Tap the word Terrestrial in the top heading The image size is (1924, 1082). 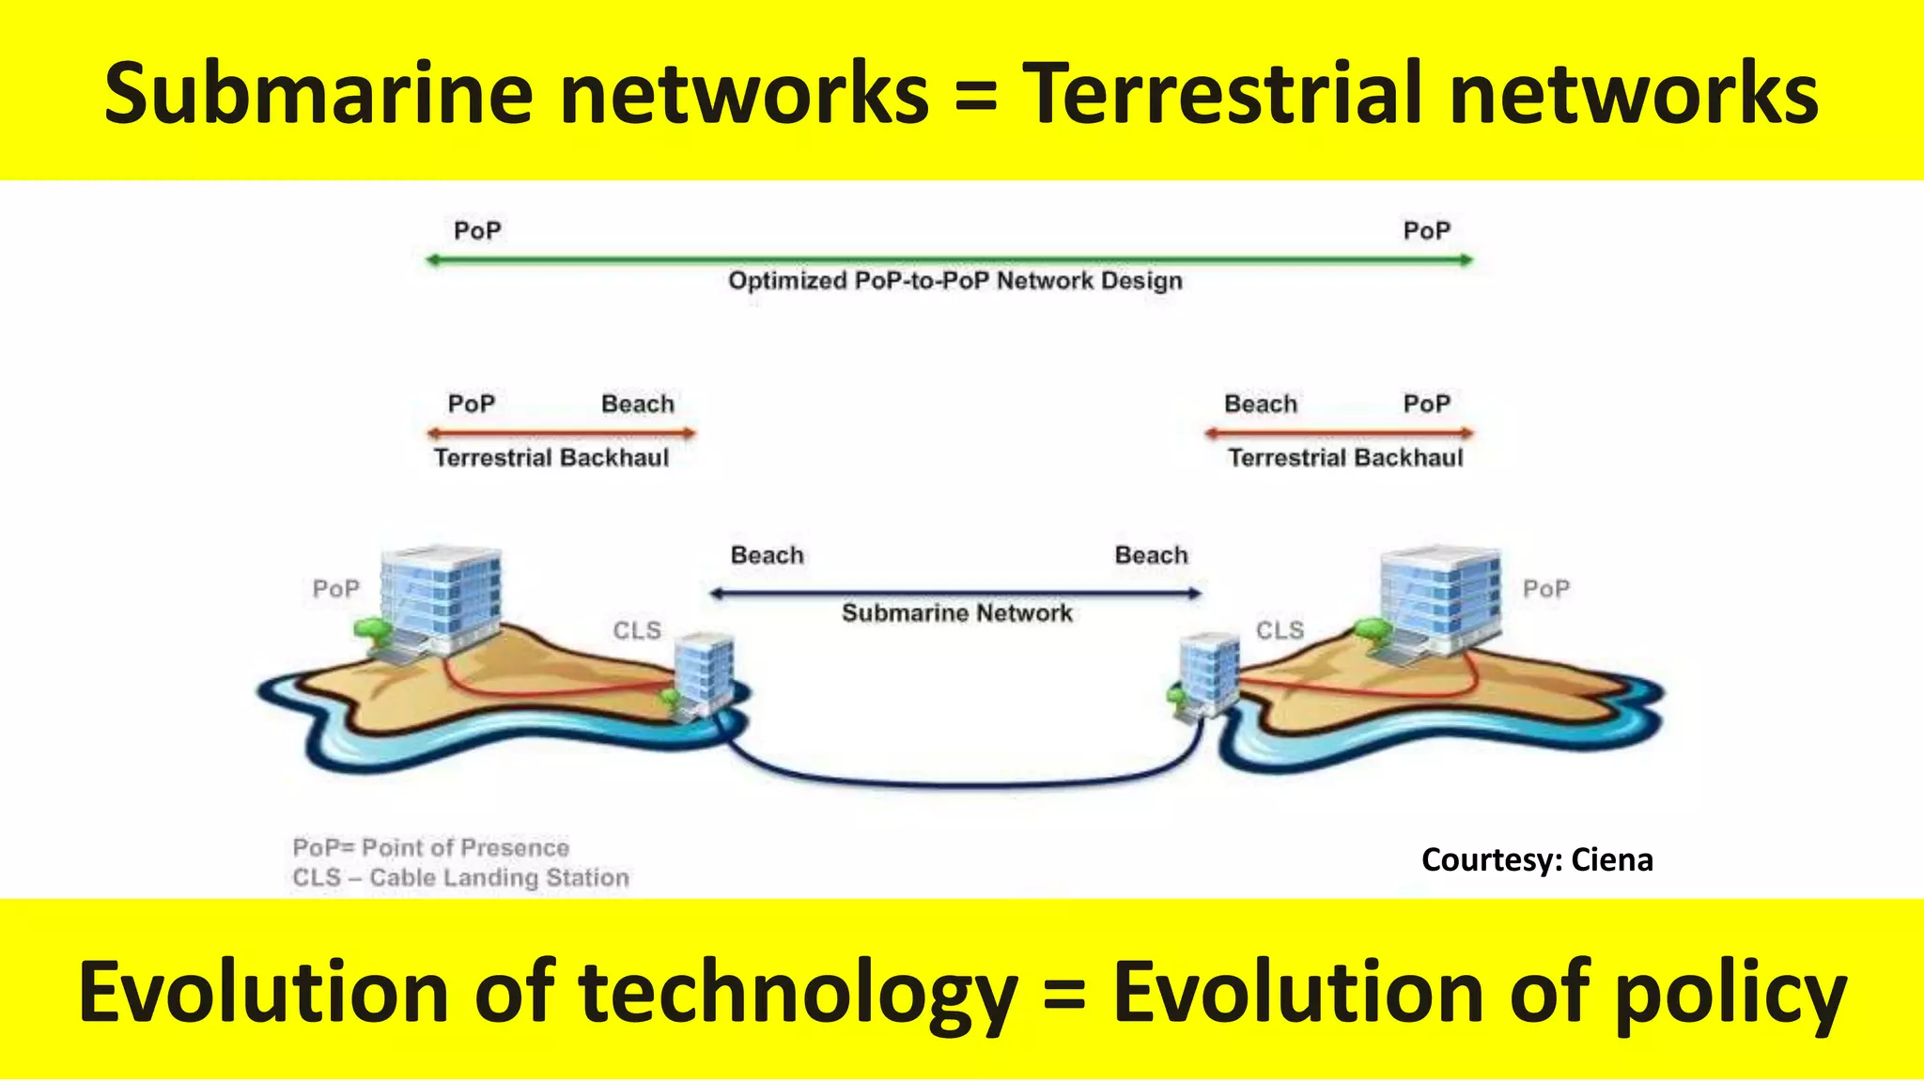point(1221,94)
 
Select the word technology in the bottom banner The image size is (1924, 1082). point(799,994)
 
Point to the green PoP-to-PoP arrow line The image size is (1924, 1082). point(949,260)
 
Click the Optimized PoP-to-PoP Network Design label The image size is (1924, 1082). point(954,281)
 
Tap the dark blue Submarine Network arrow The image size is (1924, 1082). point(954,594)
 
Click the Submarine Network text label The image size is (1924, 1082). point(956,613)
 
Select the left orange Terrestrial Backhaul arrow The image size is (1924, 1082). point(561,433)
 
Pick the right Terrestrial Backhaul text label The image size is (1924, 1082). point(1345,457)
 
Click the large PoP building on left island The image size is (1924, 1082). point(439,597)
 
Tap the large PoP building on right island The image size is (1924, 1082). point(1439,597)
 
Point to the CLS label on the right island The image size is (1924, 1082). point(1280,630)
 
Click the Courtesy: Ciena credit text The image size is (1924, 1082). point(1537,859)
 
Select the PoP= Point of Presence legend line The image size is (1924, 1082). point(431,848)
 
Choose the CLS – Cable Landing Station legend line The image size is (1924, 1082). point(460,878)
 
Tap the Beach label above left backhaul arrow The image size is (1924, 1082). point(638,404)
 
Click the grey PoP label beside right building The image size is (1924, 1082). point(1545,589)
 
